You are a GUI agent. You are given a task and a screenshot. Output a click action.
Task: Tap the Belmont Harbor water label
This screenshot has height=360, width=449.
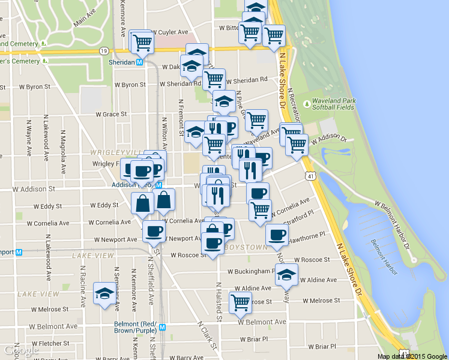(x=381, y=254)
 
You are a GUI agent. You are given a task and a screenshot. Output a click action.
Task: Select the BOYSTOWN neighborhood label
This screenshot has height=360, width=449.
(x=245, y=247)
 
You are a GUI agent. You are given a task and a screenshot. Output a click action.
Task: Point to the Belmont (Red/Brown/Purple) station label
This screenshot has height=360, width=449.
(x=137, y=326)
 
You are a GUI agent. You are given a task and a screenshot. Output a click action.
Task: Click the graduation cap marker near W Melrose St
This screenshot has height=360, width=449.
(x=105, y=295)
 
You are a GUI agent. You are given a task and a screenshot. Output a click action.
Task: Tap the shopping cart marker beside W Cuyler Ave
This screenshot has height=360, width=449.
(x=142, y=41)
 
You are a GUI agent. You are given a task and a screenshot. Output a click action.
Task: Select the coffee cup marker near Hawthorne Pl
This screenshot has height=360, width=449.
(x=277, y=235)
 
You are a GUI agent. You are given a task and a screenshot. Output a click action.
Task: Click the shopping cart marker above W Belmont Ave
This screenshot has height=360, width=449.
(x=240, y=302)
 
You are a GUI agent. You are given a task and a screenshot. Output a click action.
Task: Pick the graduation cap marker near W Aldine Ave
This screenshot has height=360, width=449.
(x=287, y=274)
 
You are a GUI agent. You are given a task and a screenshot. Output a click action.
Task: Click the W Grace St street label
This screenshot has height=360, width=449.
(x=112, y=113)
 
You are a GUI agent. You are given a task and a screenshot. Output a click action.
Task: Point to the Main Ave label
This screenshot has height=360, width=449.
(x=85, y=17)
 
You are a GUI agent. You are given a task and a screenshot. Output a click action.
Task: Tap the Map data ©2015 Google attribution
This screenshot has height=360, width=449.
(x=412, y=356)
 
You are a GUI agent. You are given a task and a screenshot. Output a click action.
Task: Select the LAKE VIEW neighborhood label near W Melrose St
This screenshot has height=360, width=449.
(x=38, y=294)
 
